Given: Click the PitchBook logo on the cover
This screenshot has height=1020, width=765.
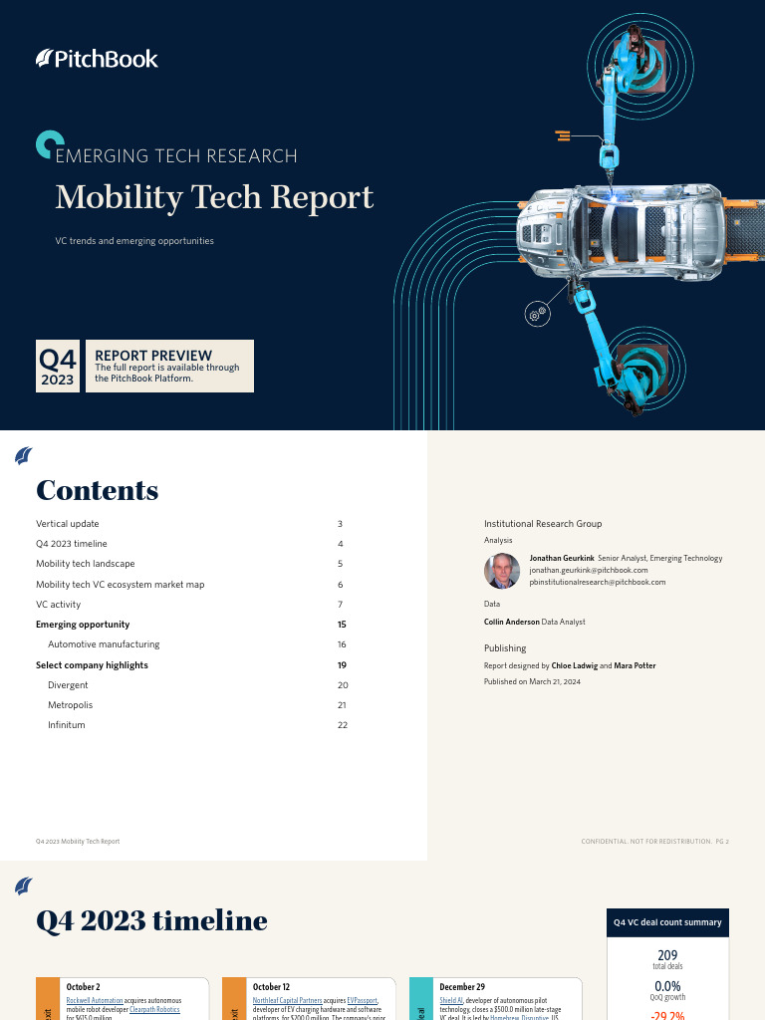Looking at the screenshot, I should (97, 59).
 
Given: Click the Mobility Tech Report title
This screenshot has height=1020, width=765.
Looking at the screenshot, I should (214, 197).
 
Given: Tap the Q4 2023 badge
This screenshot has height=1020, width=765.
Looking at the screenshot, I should (58, 367).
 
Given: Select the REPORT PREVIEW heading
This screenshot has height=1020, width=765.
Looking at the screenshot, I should (152, 355).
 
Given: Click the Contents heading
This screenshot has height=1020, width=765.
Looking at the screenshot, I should (97, 490).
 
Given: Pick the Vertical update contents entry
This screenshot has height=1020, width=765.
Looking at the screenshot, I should (68, 524).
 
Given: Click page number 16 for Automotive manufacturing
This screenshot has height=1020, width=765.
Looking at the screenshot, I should (341, 644).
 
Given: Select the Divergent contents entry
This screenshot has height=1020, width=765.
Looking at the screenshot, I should (68, 685).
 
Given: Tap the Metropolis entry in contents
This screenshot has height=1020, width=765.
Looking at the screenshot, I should (70, 705).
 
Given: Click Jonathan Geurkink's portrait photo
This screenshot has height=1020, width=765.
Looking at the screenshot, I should (502, 571).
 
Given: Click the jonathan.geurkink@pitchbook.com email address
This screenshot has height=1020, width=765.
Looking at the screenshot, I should (588, 570).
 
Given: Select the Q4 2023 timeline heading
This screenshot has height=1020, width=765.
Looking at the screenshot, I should (151, 920).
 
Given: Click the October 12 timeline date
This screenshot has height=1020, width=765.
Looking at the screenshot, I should (270, 987).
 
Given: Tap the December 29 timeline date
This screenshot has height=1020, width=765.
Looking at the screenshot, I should (462, 987).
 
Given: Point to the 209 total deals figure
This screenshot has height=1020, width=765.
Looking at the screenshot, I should (667, 955).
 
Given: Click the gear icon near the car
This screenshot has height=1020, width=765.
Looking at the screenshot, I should (538, 313).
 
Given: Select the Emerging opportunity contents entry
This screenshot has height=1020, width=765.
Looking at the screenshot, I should (83, 625).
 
